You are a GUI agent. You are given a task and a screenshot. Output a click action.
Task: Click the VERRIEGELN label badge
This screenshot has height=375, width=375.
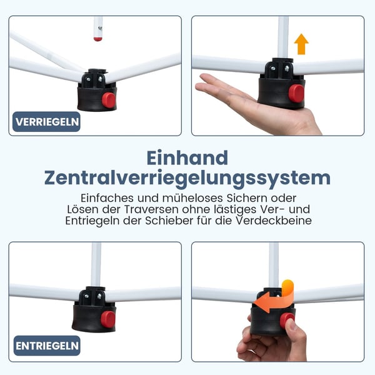46,122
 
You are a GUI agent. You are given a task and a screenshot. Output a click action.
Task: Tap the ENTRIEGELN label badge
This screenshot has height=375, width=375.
47,346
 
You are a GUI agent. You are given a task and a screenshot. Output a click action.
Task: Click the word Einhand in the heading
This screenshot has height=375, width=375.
187,158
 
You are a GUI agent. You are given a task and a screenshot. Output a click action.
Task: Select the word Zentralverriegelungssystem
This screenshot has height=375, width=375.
187,178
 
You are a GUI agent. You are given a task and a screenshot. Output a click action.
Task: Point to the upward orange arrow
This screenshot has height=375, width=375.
301,44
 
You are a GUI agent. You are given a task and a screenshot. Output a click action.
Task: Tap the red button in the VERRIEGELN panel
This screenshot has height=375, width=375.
108,100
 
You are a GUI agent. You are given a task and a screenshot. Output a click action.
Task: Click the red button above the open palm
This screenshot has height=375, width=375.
296,92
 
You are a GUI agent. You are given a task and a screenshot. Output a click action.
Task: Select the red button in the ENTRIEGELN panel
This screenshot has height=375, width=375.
108,319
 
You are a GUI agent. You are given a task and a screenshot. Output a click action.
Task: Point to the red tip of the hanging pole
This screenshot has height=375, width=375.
97,39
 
